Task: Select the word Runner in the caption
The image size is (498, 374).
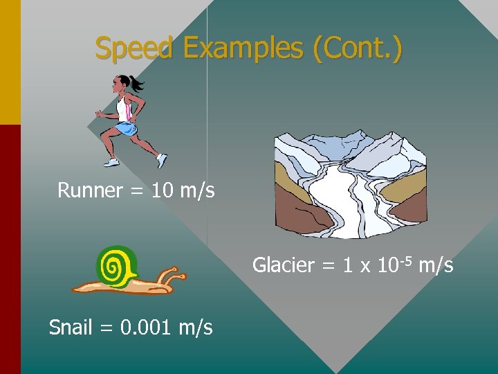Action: pos(90,190)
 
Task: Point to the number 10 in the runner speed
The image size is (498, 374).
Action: pos(162,190)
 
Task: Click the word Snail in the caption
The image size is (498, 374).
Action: pos(70,327)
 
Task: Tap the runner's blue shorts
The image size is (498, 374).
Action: pos(125,129)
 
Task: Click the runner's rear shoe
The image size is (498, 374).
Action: pos(111,161)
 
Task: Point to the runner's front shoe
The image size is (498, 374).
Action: pos(162,161)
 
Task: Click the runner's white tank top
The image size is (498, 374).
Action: pos(124,109)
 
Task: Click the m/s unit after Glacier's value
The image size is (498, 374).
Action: pos(436,265)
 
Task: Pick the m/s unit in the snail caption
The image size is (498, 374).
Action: pos(195,327)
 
